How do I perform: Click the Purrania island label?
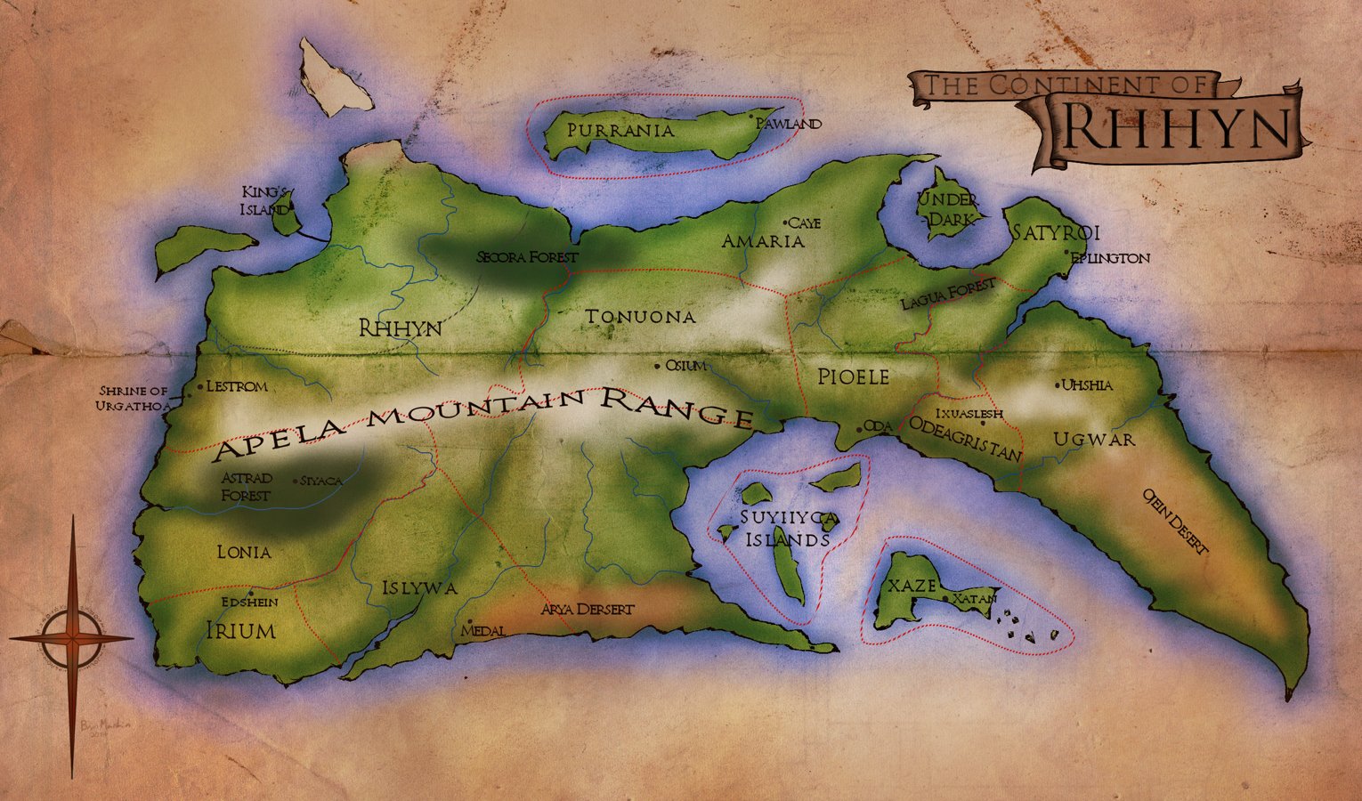pyautogui.click(x=620, y=131)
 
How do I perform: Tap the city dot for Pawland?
pyautogui.click(x=753, y=116)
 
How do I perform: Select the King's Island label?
pyautogui.click(x=266, y=201)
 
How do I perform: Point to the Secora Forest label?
pyautogui.click(x=527, y=257)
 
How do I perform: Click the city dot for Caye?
pyautogui.click(x=785, y=222)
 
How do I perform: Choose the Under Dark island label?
pyautogui.click(x=948, y=208)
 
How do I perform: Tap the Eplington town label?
pyautogui.click(x=1110, y=258)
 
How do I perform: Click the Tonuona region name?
pyautogui.click(x=640, y=317)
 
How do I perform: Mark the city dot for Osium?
pyautogui.click(x=658, y=365)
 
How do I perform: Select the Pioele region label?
pyautogui.click(x=854, y=377)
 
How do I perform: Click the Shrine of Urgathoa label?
pyautogui.click(x=134, y=399)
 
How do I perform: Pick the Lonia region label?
pyautogui.click(x=244, y=553)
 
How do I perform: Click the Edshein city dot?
pyautogui.click(x=252, y=593)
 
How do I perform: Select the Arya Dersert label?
pyautogui.click(x=588, y=610)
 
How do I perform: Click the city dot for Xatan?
pyautogui.click(x=946, y=599)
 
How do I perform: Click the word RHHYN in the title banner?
pyautogui.click(x=1176, y=127)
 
